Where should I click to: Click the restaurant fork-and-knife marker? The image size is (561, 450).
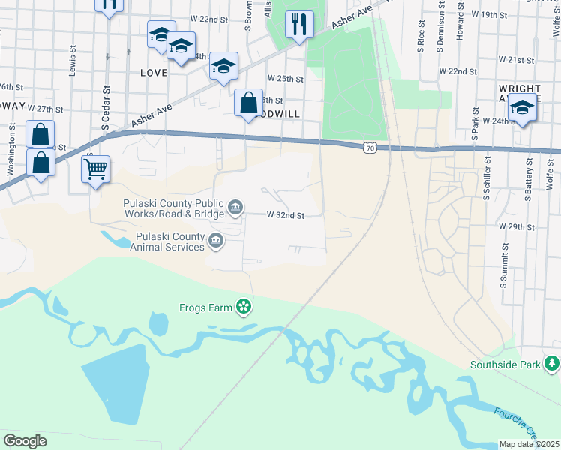[299, 25]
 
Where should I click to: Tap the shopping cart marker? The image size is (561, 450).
[96, 170]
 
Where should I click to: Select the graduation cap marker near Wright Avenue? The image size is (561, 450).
[523, 108]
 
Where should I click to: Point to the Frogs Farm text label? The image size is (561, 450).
[206, 307]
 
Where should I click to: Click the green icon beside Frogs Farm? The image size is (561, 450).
[243, 306]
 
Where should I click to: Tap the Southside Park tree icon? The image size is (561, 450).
[552, 364]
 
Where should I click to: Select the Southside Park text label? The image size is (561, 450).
[505, 365]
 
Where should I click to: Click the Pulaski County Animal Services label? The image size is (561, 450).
[169, 241]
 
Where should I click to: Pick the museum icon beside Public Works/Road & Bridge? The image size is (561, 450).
[235, 207]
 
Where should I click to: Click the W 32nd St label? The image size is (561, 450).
[286, 215]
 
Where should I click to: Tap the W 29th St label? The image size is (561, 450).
[516, 226]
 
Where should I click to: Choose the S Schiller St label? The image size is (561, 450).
[487, 181]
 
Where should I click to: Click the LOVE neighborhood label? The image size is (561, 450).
[153, 73]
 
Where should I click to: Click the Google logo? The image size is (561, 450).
[25, 440]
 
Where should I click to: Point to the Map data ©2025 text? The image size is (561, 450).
[529, 444]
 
